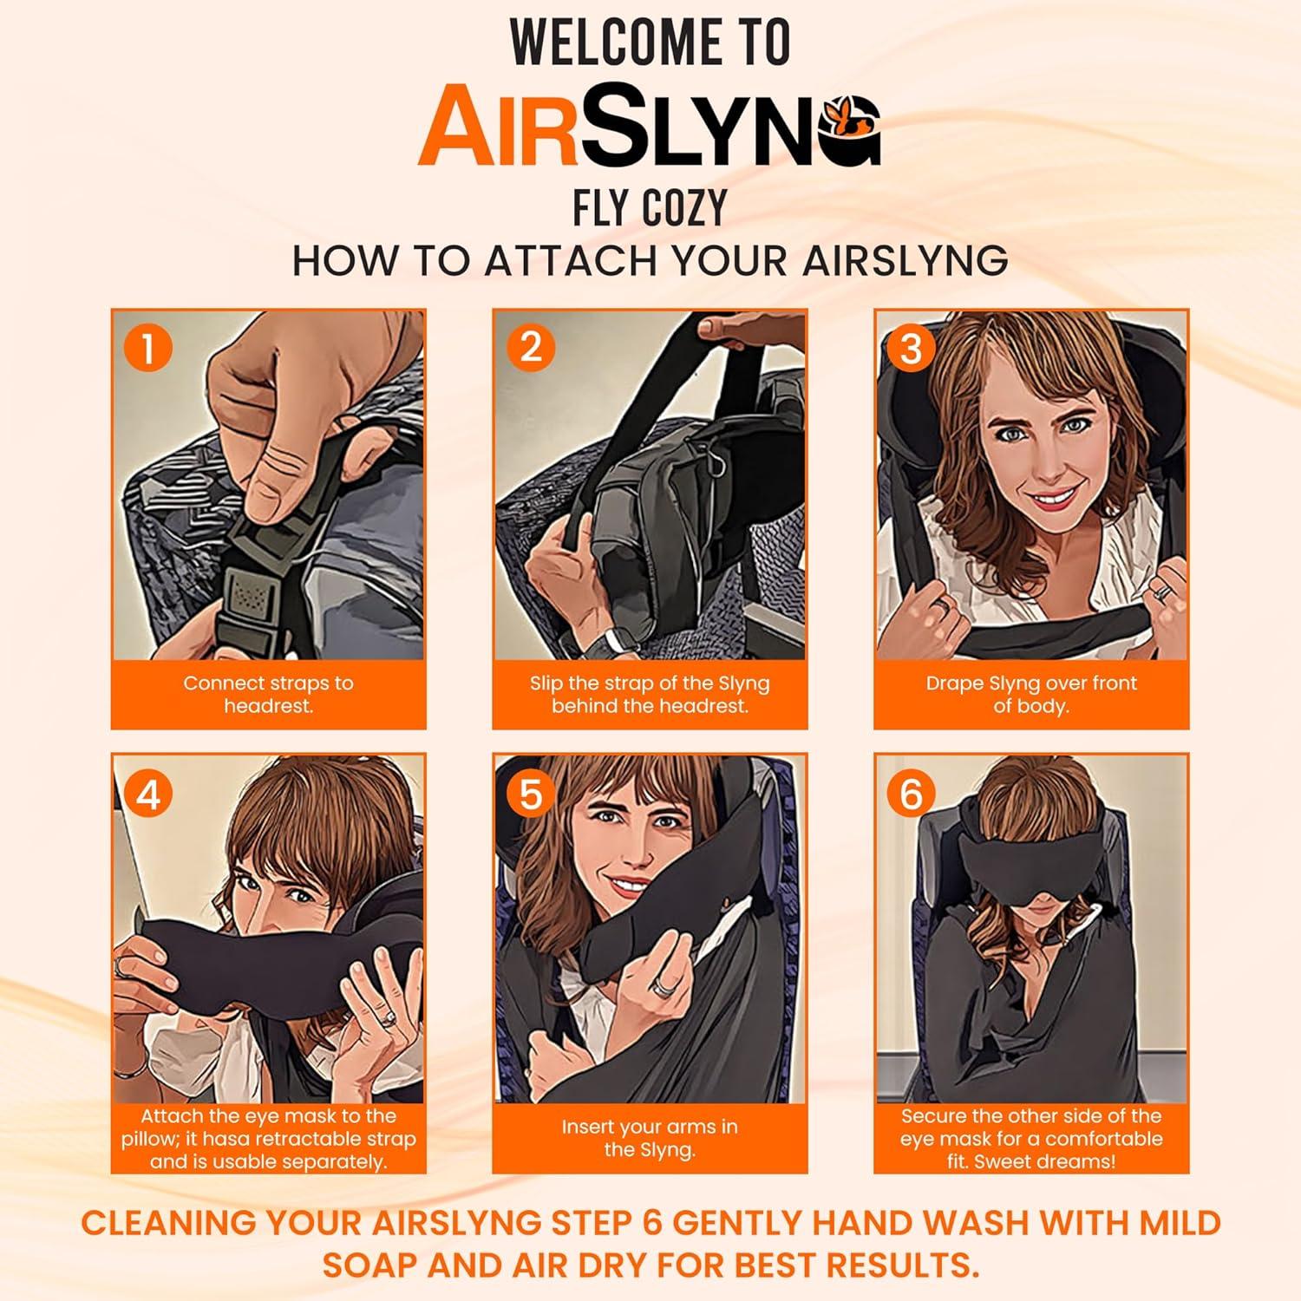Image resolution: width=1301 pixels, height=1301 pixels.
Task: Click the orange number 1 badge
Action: click(148, 349)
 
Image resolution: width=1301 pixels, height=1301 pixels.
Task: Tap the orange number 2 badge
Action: click(530, 348)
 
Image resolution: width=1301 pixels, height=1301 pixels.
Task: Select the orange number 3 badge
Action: click(911, 349)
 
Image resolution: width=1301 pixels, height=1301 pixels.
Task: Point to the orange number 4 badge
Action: click(148, 794)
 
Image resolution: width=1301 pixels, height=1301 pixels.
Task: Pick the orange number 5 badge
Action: click(530, 794)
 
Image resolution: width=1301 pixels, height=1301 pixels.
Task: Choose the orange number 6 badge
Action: click(911, 794)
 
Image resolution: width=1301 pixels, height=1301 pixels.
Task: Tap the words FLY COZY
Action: click(650, 208)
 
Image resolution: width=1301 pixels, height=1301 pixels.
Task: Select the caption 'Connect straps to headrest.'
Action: click(268, 694)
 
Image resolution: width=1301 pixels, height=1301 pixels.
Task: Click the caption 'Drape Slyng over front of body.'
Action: click(1030, 694)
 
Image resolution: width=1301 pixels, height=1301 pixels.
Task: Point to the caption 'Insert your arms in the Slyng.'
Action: click(650, 1138)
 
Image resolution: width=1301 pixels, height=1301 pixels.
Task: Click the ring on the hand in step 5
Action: click(664, 983)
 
